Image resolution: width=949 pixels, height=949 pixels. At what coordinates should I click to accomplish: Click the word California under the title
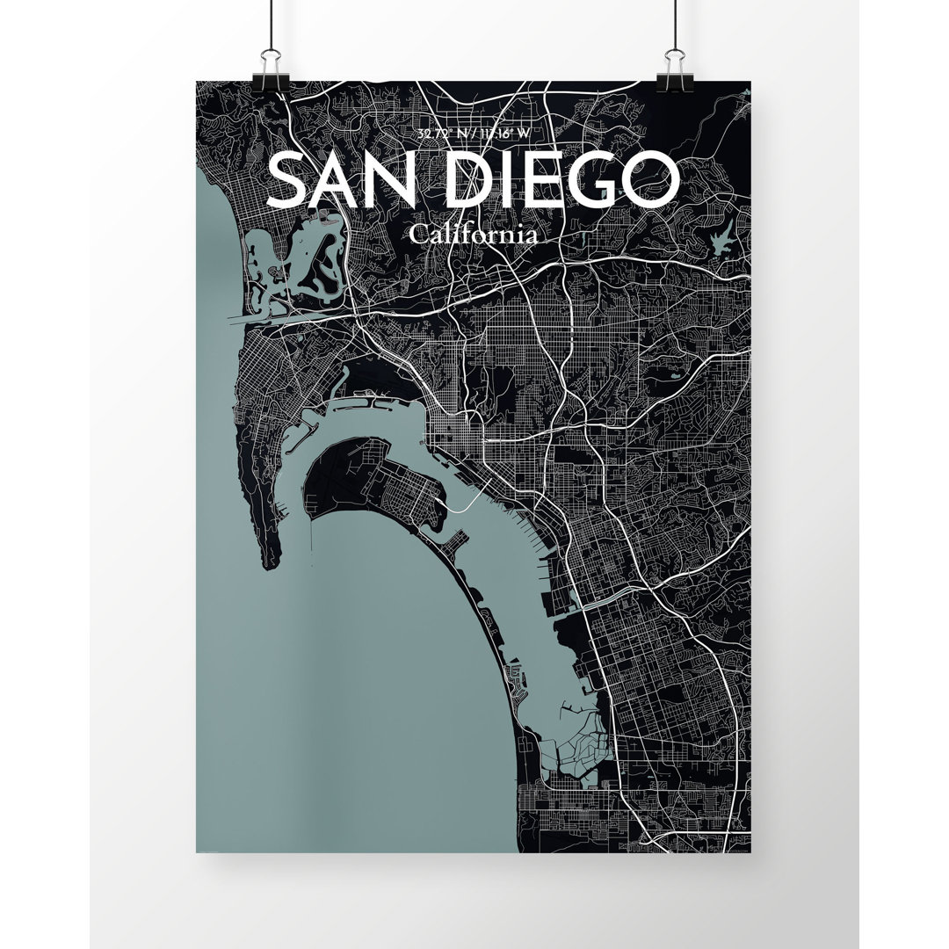pyautogui.click(x=473, y=235)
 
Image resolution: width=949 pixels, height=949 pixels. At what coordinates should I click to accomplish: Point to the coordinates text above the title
pyautogui.click(x=474, y=134)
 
